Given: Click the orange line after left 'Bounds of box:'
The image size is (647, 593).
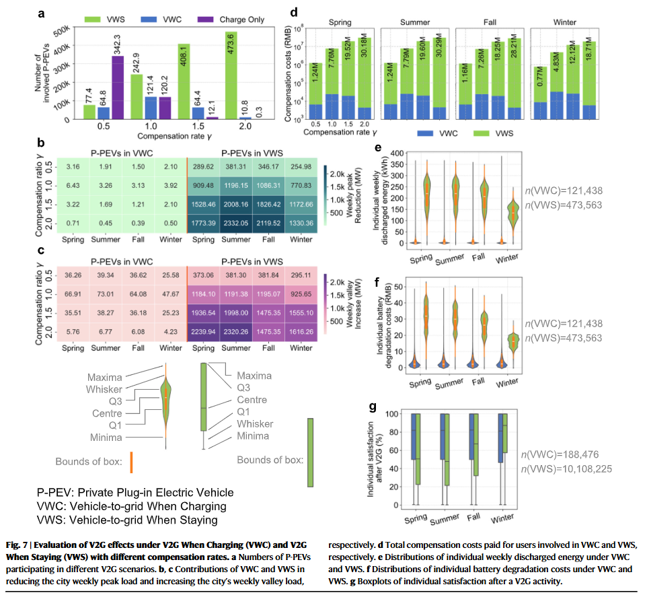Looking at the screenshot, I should click(132, 462).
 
